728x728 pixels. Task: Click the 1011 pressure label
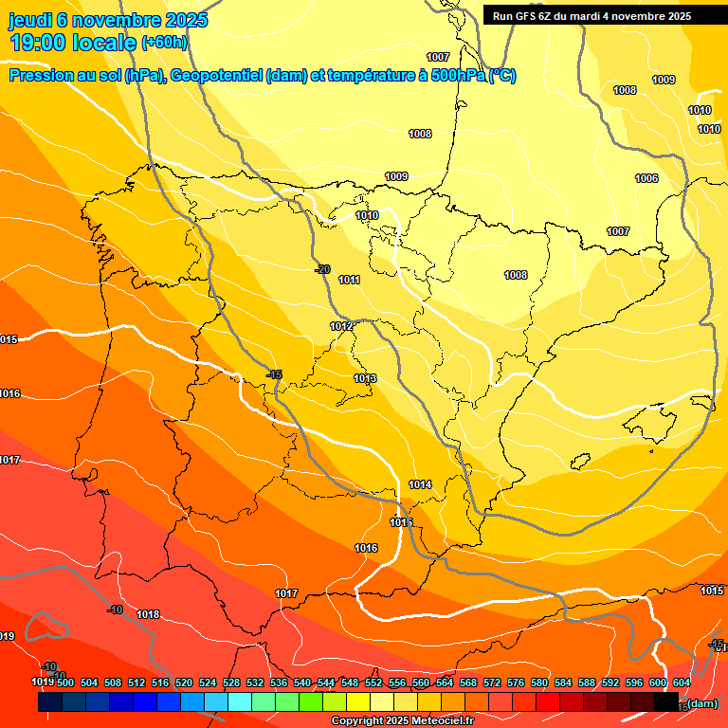(x=349, y=280)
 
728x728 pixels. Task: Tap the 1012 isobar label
(x=341, y=326)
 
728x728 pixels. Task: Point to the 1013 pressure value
(x=365, y=378)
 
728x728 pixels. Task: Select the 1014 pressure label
(x=420, y=484)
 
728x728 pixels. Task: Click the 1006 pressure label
(x=646, y=178)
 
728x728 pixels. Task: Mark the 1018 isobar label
(x=148, y=614)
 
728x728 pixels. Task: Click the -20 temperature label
(x=322, y=269)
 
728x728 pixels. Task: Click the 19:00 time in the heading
(x=38, y=43)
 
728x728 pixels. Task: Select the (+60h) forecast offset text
(x=164, y=43)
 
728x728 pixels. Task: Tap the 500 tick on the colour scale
(x=65, y=682)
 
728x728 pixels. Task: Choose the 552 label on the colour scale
(x=373, y=682)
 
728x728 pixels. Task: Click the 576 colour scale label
(x=516, y=682)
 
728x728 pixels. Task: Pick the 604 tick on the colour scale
(x=682, y=682)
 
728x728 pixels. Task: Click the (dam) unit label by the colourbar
(x=701, y=703)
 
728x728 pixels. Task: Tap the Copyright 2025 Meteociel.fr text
(x=402, y=721)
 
